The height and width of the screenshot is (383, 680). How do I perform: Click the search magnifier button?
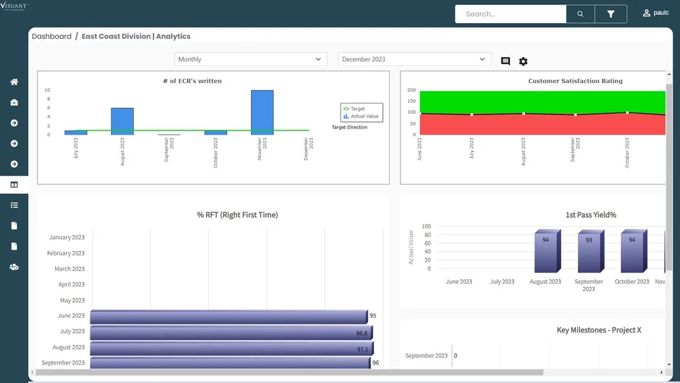[x=580, y=14]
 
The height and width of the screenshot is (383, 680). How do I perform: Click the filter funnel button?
[x=611, y=14]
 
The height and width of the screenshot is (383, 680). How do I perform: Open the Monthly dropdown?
[x=251, y=59]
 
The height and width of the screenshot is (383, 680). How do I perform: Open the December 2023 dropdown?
[x=414, y=59]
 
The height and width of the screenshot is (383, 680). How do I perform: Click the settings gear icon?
[x=523, y=62]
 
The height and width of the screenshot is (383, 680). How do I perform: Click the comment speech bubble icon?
[x=505, y=61]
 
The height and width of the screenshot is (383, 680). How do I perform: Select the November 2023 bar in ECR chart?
[x=262, y=112]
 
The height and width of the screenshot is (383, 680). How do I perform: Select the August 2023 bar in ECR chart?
[x=122, y=121]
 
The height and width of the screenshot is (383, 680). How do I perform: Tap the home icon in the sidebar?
[x=14, y=82]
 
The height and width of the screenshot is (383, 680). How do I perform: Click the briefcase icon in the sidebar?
[x=14, y=103]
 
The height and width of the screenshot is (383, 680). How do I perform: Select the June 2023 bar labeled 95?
[x=228, y=316]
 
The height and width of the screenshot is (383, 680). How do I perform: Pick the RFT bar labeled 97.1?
[x=231, y=348]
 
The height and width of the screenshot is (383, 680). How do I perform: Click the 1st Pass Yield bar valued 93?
[x=588, y=252]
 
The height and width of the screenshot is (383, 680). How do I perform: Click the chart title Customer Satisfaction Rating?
[x=575, y=81]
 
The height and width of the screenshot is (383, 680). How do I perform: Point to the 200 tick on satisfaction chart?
[x=411, y=90]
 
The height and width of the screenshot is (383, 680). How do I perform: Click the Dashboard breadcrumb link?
[x=52, y=36]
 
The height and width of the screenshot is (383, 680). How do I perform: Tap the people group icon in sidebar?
[x=14, y=267]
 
